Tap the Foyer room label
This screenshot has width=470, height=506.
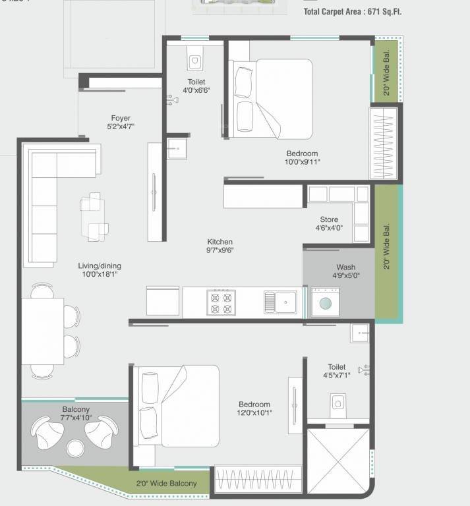pos(121,119)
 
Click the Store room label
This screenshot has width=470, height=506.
pos(329,219)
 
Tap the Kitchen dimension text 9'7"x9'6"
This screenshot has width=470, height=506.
pos(220,250)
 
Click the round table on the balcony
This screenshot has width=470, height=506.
pos(74,448)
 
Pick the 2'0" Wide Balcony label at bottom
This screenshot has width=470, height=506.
pos(166,484)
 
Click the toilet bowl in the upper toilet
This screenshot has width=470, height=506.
pos(194,63)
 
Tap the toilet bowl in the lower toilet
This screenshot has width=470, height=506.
pos(338,401)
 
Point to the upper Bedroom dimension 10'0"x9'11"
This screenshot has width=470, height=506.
pos(302,162)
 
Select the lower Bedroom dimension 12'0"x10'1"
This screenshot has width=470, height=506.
pos(254,413)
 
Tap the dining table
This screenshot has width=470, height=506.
pos(44,331)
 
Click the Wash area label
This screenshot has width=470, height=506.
pos(346,267)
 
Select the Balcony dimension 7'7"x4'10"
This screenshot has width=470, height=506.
pos(76,418)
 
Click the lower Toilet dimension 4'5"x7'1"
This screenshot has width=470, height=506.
pos(337,376)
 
